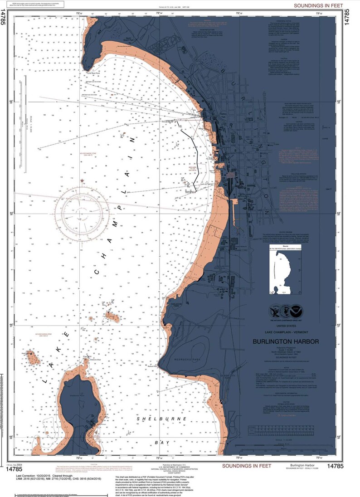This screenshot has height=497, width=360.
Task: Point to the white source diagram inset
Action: pyautogui.click(x=283, y=272)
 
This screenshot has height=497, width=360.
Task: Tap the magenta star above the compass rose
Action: pyautogui.click(x=82, y=181)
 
